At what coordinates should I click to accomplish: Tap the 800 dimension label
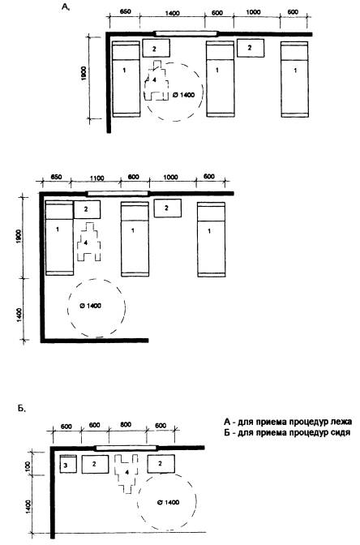(126, 424)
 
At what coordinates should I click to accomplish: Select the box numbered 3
(68, 464)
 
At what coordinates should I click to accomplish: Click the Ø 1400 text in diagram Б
(168, 502)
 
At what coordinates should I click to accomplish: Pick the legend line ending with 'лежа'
(288, 422)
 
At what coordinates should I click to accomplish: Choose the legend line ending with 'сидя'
(287, 433)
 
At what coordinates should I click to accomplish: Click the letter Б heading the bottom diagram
(21, 409)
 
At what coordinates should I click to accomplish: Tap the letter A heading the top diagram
(66, 7)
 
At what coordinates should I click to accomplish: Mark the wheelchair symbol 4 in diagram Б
(126, 474)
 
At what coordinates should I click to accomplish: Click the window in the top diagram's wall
(186, 34)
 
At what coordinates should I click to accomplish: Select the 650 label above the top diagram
(125, 11)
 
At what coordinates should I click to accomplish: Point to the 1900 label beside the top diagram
(84, 73)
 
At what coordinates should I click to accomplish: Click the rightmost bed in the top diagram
(294, 79)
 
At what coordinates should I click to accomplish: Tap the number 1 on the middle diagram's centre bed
(133, 230)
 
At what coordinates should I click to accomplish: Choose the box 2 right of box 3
(95, 464)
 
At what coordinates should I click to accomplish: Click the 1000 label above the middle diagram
(170, 178)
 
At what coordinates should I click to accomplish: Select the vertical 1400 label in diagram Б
(28, 506)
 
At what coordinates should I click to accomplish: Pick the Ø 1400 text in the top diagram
(183, 95)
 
